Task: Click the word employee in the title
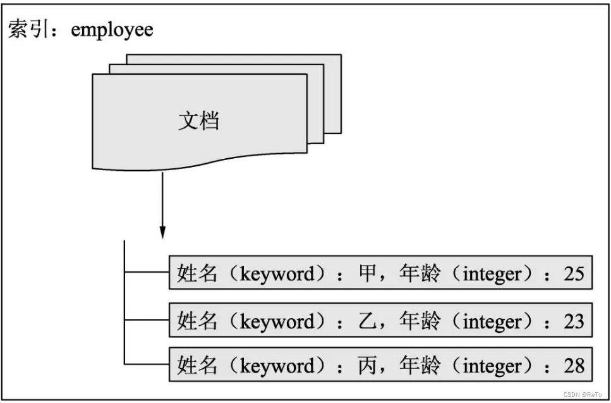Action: [112, 30]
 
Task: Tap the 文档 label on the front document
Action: [198, 121]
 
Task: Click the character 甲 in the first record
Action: [367, 275]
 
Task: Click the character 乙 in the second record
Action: [367, 321]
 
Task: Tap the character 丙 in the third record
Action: [367, 366]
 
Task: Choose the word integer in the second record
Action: [493, 321]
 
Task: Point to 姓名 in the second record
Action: [198, 321]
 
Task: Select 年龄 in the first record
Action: [420, 275]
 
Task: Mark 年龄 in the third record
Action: [420, 366]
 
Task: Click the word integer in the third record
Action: [493, 366]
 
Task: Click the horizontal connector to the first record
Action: [147, 273]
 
